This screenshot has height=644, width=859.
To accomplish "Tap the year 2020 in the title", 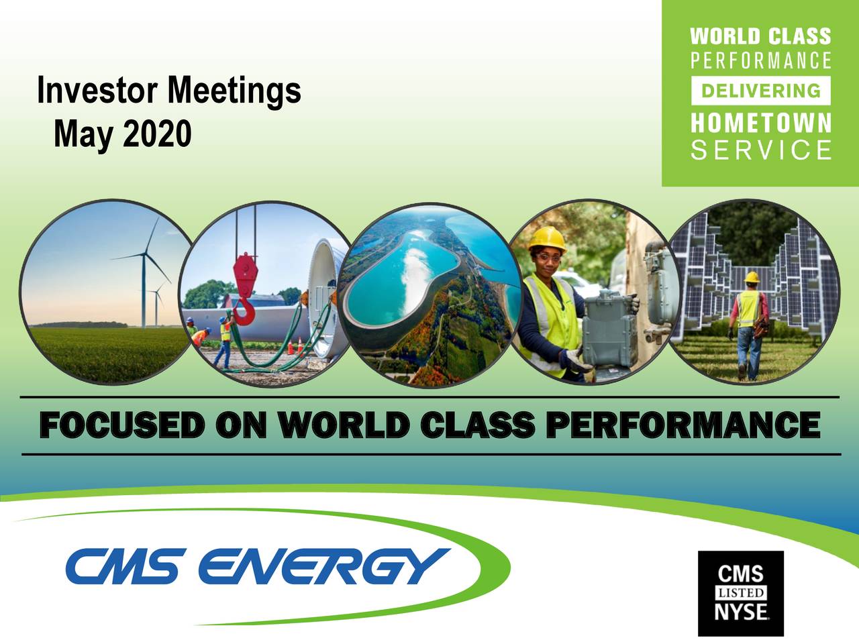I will (156, 134).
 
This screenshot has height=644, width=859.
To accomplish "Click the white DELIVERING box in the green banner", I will (760, 91).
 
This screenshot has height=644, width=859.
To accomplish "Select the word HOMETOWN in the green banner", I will (760, 123).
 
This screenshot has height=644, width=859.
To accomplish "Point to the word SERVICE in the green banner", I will (760, 150).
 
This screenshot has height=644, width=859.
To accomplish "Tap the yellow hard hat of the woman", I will (548, 238).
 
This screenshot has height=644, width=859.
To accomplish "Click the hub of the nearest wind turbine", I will (144, 255).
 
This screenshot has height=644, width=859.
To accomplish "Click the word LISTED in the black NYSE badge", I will (741, 593).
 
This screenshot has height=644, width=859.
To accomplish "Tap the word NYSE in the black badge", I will (741, 612).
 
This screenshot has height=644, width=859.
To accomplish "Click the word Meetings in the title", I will (234, 91).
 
